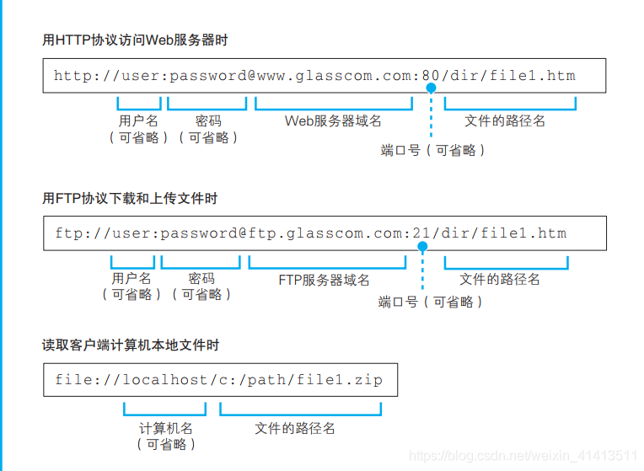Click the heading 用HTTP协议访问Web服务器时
tap(135, 40)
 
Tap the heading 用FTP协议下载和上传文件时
tap(130, 198)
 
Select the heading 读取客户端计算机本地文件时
tap(131, 345)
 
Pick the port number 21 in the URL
tap(421, 233)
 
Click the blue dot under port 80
tap(431, 88)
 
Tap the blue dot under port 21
tap(422, 246)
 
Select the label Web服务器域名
tap(333, 121)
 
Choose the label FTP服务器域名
tap(324, 280)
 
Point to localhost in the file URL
tap(164, 380)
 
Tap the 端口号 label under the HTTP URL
tap(401, 150)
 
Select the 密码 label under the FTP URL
tap(201, 278)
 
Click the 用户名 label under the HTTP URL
tap(137, 121)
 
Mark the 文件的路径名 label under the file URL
tap(295, 428)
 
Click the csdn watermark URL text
tap(522, 455)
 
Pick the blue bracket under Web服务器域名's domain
tap(334, 107)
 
